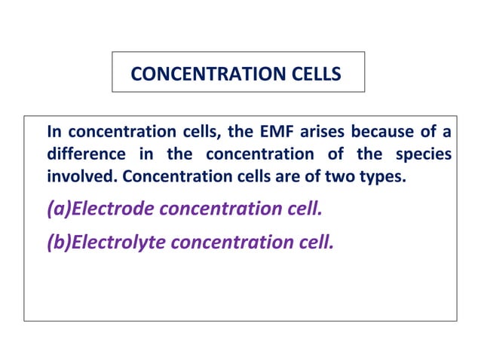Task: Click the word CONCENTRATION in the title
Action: point(206,74)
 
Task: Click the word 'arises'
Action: point(321,133)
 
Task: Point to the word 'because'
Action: point(383,133)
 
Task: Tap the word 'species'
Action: point(424,155)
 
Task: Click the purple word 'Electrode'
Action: point(108,208)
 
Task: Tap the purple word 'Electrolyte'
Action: point(113,242)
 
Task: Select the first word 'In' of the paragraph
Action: point(54,133)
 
